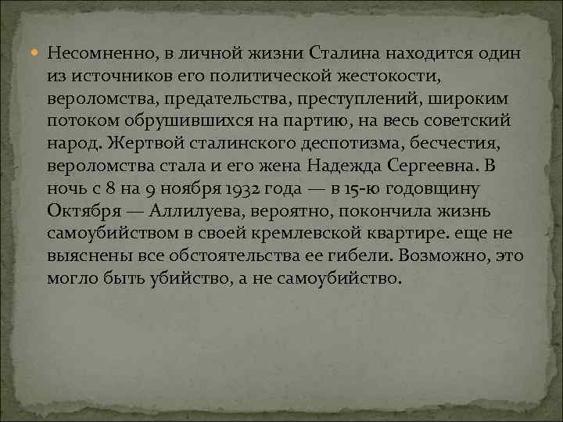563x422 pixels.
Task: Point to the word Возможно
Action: pos(457,256)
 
